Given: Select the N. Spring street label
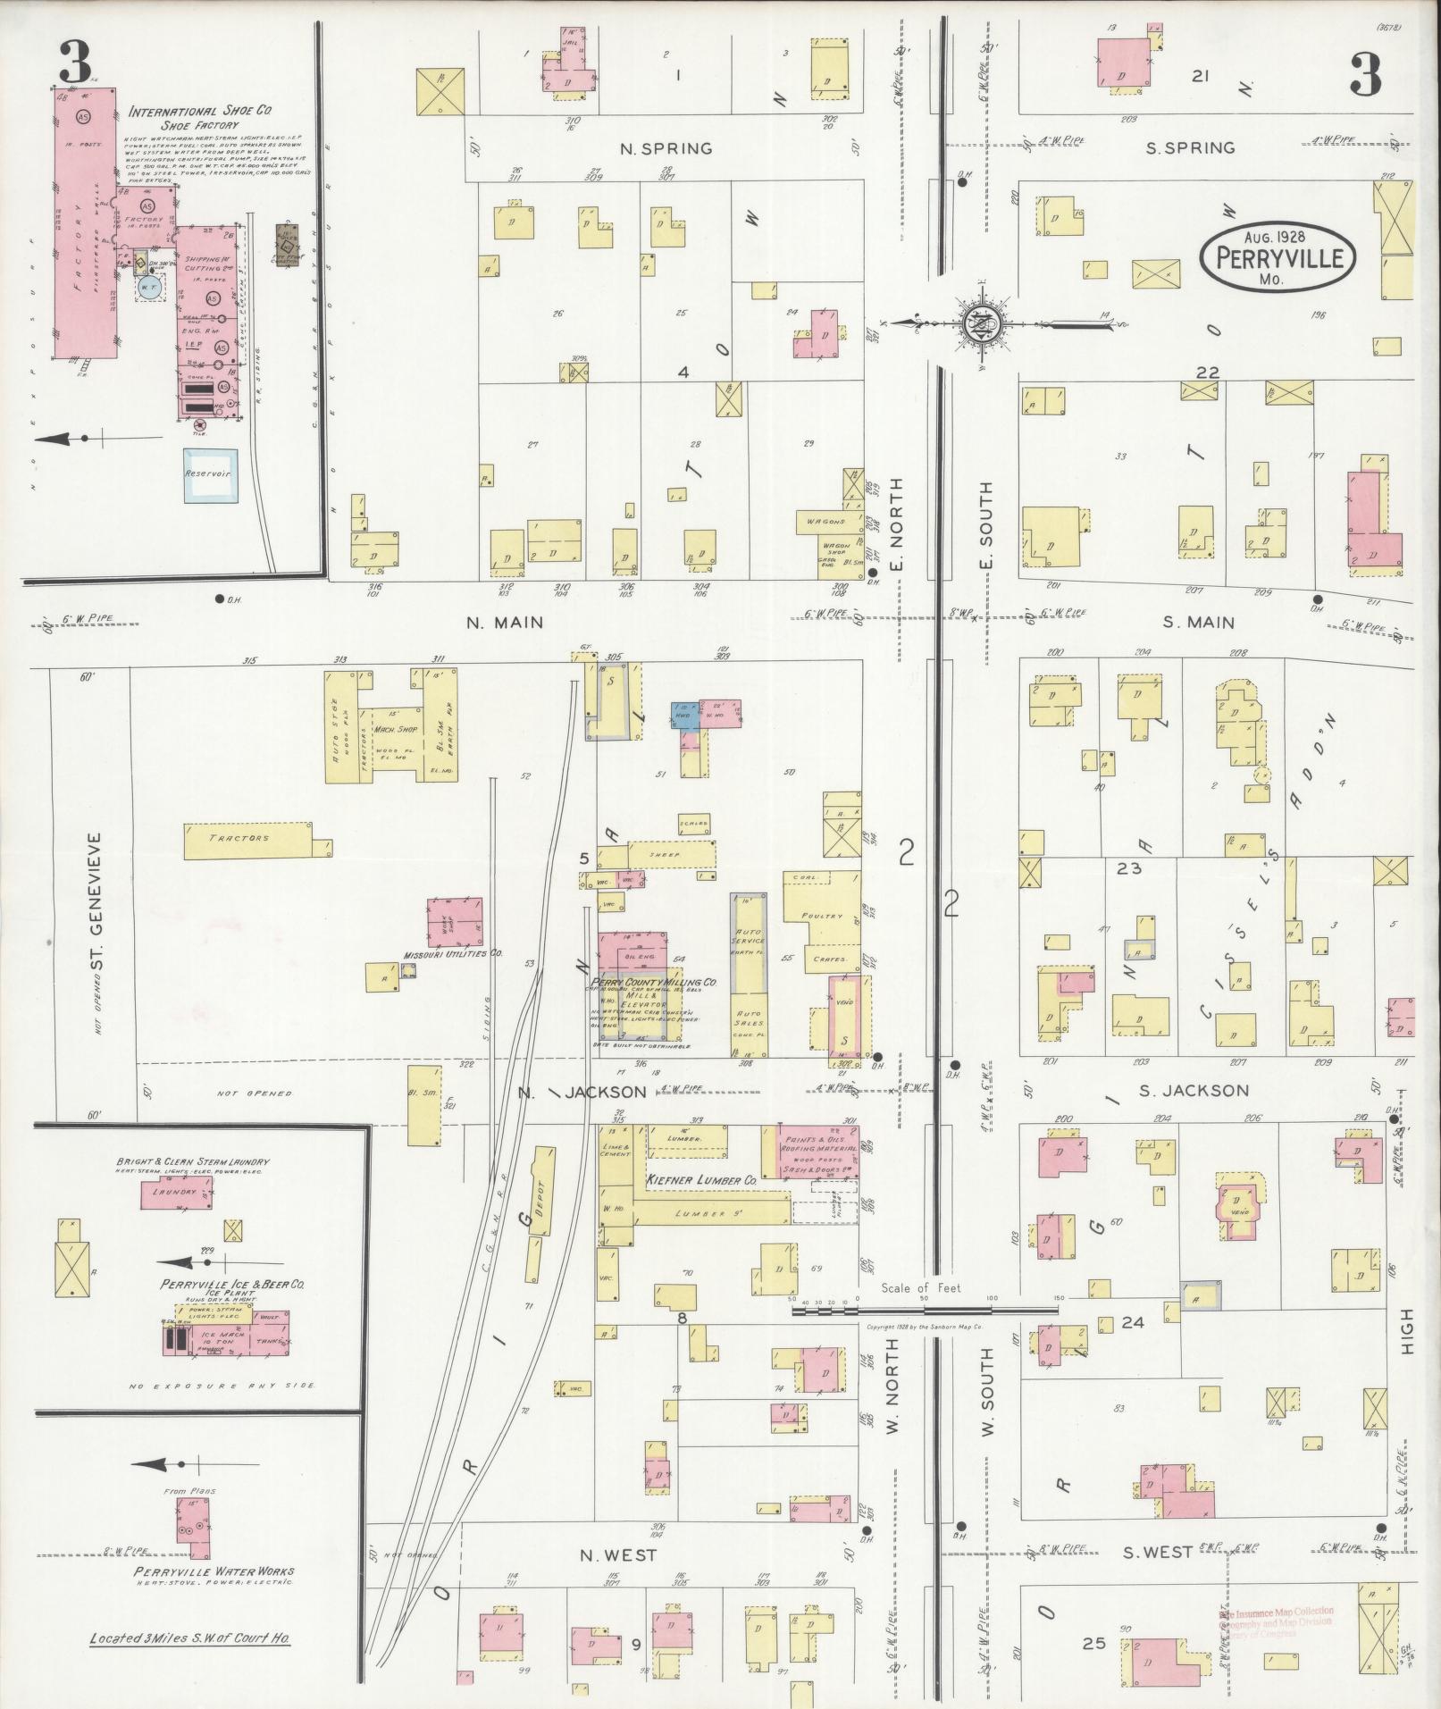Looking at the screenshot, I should [x=666, y=149].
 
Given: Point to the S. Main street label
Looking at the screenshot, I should [x=1199, y=623].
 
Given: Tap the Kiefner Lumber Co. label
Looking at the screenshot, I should [x=700, y=1180].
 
